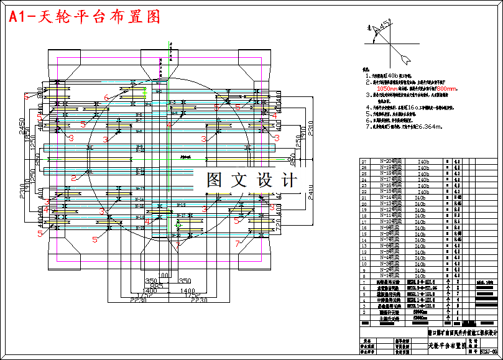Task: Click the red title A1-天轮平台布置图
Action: click(x=85, y=17)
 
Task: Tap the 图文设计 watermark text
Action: click(x=252, y=181)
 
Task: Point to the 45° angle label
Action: click(x=386, y=25)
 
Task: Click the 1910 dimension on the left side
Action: click(x=25, y=186)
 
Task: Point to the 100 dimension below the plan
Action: click(x=164, y=275)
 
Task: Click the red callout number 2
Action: click(x=73, y=178)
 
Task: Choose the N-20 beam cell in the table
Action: click(x=390, y=161)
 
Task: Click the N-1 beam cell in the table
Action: click(x=390, y=275)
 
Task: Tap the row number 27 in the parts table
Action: click(x=364, y=161)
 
